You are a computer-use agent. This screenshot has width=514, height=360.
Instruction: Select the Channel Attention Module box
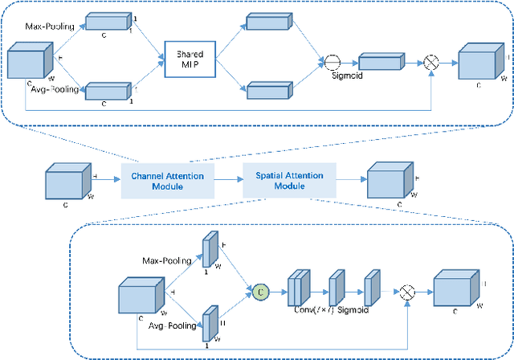168,179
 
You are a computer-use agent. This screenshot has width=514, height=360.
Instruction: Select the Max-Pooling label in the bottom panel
165,260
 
